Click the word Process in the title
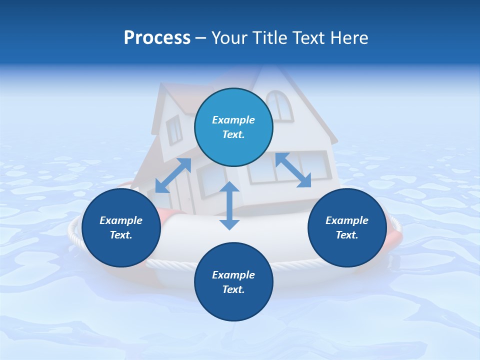tap(157, 38)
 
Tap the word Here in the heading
tap(349, 38)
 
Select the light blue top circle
tap(233, 127)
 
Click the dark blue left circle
tap(121, 228)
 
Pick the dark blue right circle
tap(347, 228)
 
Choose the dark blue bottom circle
tap(233, 282)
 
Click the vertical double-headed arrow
tap(229, 205)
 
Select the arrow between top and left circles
tap(173, 175)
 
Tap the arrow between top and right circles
tap(293, 170)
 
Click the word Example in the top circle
tap(233, 120)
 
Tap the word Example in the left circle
tap(121, 220)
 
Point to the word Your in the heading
tap(229, 38)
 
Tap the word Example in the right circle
tap(347, 220)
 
